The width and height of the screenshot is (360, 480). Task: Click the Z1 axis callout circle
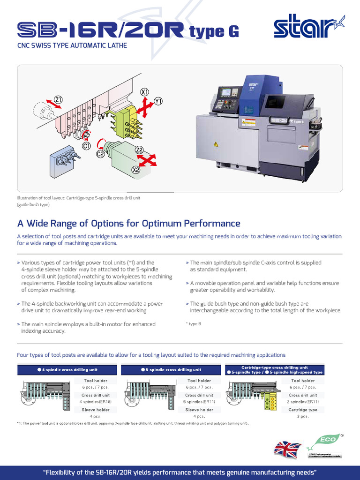59,99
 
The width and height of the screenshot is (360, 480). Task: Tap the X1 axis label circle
145,92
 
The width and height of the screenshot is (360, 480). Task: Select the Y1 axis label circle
158,101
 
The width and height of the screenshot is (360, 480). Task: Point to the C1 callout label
86,146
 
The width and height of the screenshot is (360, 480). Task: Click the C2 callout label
100,153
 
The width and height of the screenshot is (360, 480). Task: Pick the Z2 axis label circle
139,150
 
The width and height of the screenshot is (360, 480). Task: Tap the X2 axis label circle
136,170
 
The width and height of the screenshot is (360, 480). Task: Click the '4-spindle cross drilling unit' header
68,370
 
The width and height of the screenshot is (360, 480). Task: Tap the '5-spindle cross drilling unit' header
172,370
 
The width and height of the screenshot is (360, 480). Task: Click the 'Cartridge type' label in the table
303,410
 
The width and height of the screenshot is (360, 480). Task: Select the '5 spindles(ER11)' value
199,402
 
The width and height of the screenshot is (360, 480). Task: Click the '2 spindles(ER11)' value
303,402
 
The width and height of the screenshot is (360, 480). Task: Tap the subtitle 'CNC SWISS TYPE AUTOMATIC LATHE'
72,46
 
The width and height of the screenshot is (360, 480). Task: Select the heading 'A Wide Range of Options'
128,224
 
